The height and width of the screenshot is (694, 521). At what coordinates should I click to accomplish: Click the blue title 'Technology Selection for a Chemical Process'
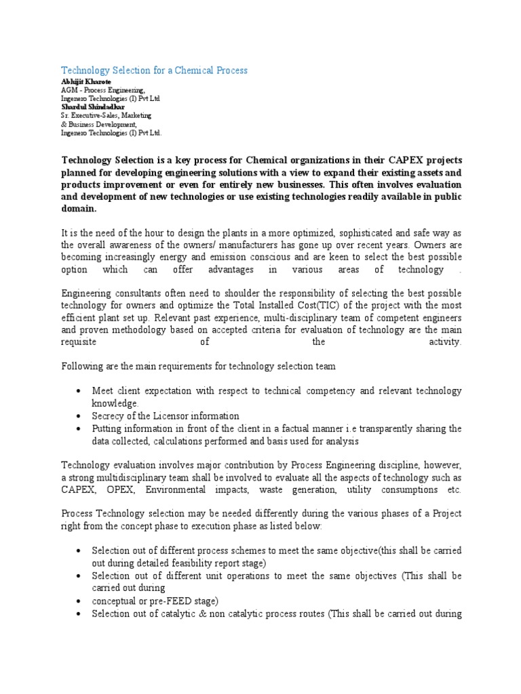tap(155, 70)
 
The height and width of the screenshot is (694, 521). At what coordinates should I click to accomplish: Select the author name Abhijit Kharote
tap(86, 82)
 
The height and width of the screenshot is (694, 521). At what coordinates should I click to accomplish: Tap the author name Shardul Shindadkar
tap(92, 107)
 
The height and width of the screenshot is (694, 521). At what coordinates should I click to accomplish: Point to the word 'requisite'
tap(80, 342)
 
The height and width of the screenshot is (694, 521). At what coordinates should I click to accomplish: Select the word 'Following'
tap(81, 367)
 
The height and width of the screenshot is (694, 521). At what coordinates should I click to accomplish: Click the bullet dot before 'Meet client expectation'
tap(80, 392)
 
